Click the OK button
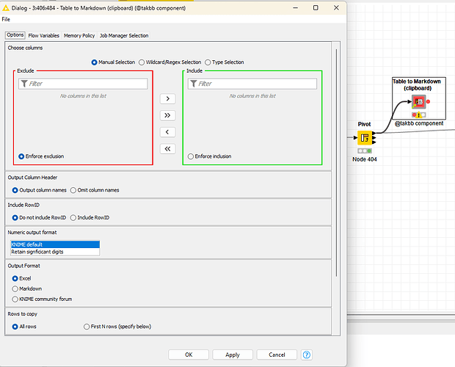click(x=189, y=355)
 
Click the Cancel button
click(x=277, y=355)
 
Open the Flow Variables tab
click(x=44, y=35)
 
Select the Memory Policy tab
click(x=79, y=35)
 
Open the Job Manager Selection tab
click(x=124, y=35)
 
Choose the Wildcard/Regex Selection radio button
click(x=142, y=62)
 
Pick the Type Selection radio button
click(x=208, y=62)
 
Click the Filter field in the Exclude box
click(x=83, y=84)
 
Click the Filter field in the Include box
click(x=252, y=84)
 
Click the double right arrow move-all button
click(x=167, y=115)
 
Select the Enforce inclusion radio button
click(x=191, y=156)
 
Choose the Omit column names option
click(x=73, y=190)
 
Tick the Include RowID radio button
click(x=73, y=217)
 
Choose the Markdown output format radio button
click(x=15, y=289)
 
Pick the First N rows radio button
click(x=87, y=327)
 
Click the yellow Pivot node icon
click(x=365, y=138)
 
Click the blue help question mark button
click(x=307, y=355)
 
